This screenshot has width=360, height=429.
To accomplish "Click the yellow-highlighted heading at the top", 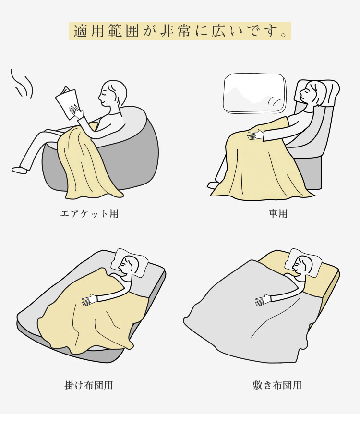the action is pyautogui.click(x=180, y=31).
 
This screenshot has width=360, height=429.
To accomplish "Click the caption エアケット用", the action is pyautogui.click(x=89, y=213).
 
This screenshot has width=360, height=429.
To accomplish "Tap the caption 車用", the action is pyautogui.click(x=278, y=213).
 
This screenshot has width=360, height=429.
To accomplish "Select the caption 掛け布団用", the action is pyautogui.click(x=89, y=385).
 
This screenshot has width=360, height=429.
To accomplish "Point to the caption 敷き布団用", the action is pyautogui.click(x=277, y=385).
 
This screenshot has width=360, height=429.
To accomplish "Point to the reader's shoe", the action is pyautogui.click(x=20, y=170).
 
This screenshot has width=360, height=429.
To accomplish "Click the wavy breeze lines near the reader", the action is pyautogui.click(x=22, y=84).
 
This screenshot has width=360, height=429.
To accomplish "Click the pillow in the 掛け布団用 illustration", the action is pyautogui.click(x=129, y=263).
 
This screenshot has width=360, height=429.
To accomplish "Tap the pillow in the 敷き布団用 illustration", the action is pyautogui.click(x=302, y=263).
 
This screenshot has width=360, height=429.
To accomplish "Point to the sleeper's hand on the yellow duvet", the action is pyautogui.click(x=90, y=300).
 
